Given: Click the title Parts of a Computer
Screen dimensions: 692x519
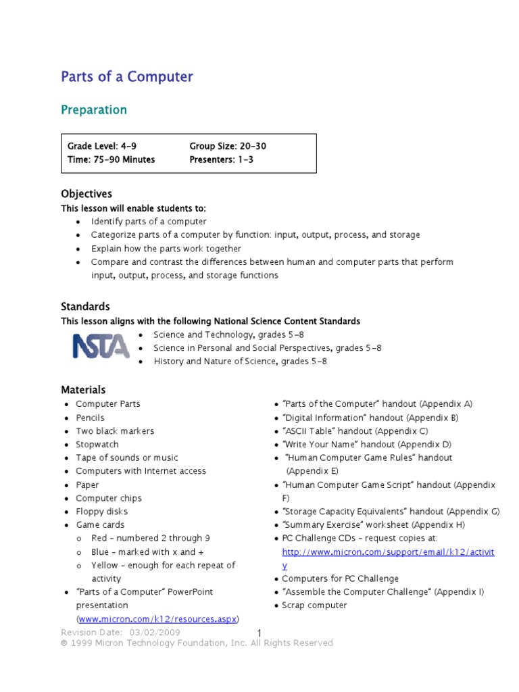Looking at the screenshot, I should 127,77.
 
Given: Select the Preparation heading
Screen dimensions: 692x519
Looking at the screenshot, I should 94,109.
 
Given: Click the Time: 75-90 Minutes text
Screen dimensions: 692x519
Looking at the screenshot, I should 111,159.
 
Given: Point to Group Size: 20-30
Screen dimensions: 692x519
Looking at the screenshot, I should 223,146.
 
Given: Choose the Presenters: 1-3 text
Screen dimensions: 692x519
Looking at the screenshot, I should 222,159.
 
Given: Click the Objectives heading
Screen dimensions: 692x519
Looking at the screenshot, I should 86,194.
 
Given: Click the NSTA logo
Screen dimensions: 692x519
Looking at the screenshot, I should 101,346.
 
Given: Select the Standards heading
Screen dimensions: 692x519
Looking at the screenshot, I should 85,307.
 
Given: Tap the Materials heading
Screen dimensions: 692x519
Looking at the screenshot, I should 83,390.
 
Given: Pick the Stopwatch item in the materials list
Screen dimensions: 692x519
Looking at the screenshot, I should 97,445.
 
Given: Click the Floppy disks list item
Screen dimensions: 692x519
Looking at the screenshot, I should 101,512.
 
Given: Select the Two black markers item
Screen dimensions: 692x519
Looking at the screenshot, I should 114,431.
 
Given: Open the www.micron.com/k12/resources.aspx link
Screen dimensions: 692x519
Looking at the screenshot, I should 158,619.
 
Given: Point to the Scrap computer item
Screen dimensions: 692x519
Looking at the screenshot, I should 314,605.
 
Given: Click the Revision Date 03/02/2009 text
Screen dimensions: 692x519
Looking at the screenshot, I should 120,633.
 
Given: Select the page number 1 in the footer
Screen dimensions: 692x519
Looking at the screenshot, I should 259,633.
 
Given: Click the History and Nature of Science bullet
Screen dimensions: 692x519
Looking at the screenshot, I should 240,362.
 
